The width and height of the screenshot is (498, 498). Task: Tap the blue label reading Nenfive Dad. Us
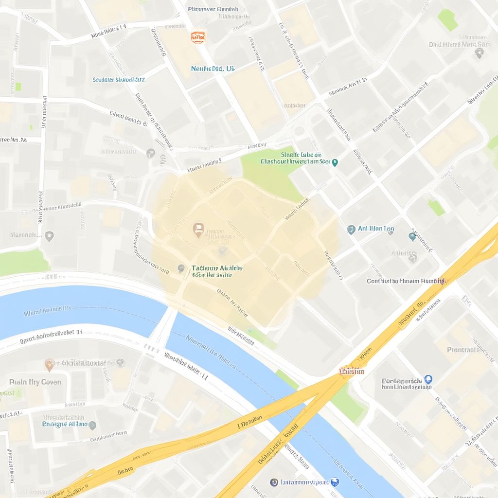213,69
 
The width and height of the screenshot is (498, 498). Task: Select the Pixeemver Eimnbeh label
213,9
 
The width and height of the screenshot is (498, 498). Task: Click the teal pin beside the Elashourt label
335,162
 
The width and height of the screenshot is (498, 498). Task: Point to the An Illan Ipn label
376,229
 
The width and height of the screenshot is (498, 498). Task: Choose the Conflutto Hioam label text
405,281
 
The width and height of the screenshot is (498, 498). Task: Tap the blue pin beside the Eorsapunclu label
428,379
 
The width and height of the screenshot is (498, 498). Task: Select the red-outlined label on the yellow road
352,372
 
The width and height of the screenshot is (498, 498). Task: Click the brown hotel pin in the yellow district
198,229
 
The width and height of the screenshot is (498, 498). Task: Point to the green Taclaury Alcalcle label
217,268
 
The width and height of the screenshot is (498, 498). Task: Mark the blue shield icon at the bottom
335,482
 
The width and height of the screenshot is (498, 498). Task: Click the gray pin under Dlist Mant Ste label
479,54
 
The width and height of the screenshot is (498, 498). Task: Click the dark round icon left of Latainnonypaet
274,482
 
